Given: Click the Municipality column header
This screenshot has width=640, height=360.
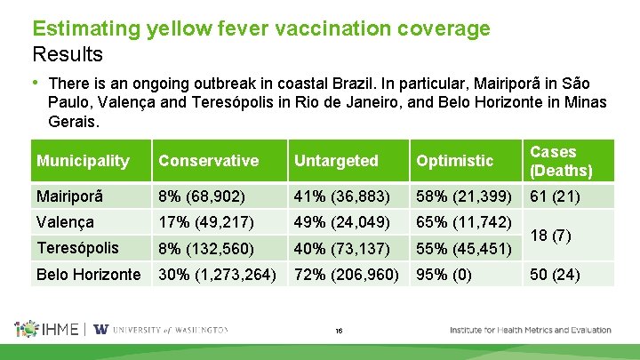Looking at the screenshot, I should [83, 161].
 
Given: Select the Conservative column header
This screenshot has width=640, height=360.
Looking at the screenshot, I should [208, 161].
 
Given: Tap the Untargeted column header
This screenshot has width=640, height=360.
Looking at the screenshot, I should [336, 161].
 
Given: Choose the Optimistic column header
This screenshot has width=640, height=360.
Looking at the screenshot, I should [453, 161].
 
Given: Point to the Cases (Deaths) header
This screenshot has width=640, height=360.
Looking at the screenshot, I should [560, 161].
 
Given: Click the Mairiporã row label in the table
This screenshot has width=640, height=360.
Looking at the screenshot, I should [70, 196].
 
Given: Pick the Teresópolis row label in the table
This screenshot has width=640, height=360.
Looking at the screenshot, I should [77, 247].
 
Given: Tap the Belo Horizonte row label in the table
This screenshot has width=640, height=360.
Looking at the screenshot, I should [88, 274].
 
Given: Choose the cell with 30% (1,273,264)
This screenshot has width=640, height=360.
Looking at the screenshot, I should [217, 274].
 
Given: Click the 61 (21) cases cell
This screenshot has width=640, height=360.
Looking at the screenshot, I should [556, 196].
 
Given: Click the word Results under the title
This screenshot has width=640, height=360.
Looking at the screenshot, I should [68, 54].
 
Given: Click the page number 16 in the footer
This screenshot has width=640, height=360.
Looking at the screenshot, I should [339, 331].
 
